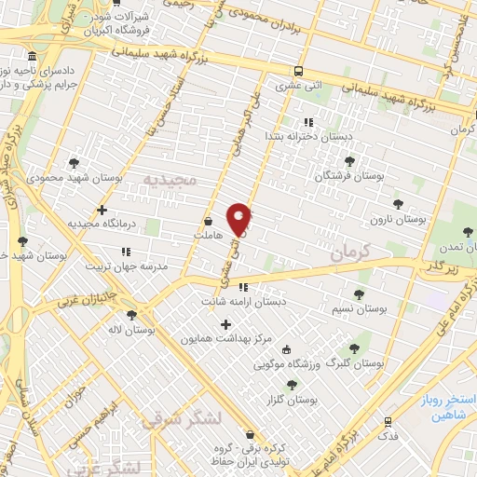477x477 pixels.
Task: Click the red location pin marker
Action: point(239,218)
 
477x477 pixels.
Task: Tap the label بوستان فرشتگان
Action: point(349,175)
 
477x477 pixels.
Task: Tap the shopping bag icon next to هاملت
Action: point(209,223)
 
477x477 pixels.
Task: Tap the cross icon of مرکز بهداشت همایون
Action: point(225,325)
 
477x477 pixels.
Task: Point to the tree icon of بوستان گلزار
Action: point(292,384)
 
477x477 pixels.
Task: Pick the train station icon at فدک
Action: point(388,422)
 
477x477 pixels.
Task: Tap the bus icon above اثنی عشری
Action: point(298,72)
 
